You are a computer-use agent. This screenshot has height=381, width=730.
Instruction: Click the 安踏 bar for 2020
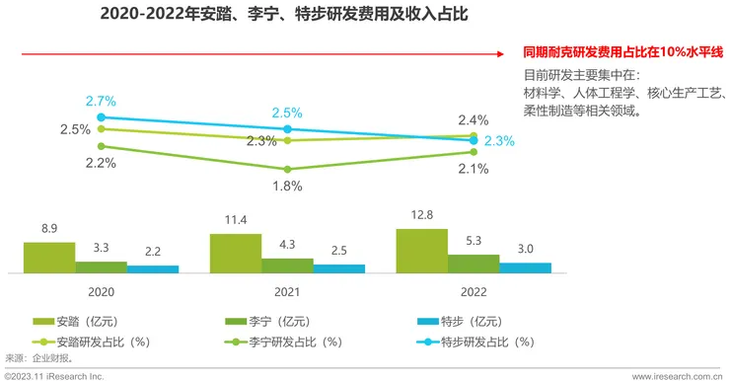click(49, 257)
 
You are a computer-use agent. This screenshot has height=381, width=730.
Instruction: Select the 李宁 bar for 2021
click(287, 265)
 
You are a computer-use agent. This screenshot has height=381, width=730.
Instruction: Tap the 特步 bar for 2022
click(525, 267)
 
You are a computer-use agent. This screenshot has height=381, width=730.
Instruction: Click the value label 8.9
click(49, 229)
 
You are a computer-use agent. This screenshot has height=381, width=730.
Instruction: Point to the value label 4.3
click(287, 245)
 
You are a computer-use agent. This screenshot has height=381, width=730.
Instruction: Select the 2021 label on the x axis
click(287, 292)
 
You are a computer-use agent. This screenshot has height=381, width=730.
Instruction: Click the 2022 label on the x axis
click(474, 292)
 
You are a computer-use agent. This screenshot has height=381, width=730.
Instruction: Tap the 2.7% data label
click(101, 101)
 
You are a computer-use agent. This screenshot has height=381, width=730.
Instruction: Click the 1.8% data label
click(287, 185)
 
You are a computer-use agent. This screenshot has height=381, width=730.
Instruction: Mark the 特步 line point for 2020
click(101, 117)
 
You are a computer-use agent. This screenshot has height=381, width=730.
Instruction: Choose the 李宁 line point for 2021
click(287, 169)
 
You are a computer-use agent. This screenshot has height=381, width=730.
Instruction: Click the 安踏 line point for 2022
click(474, 136)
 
